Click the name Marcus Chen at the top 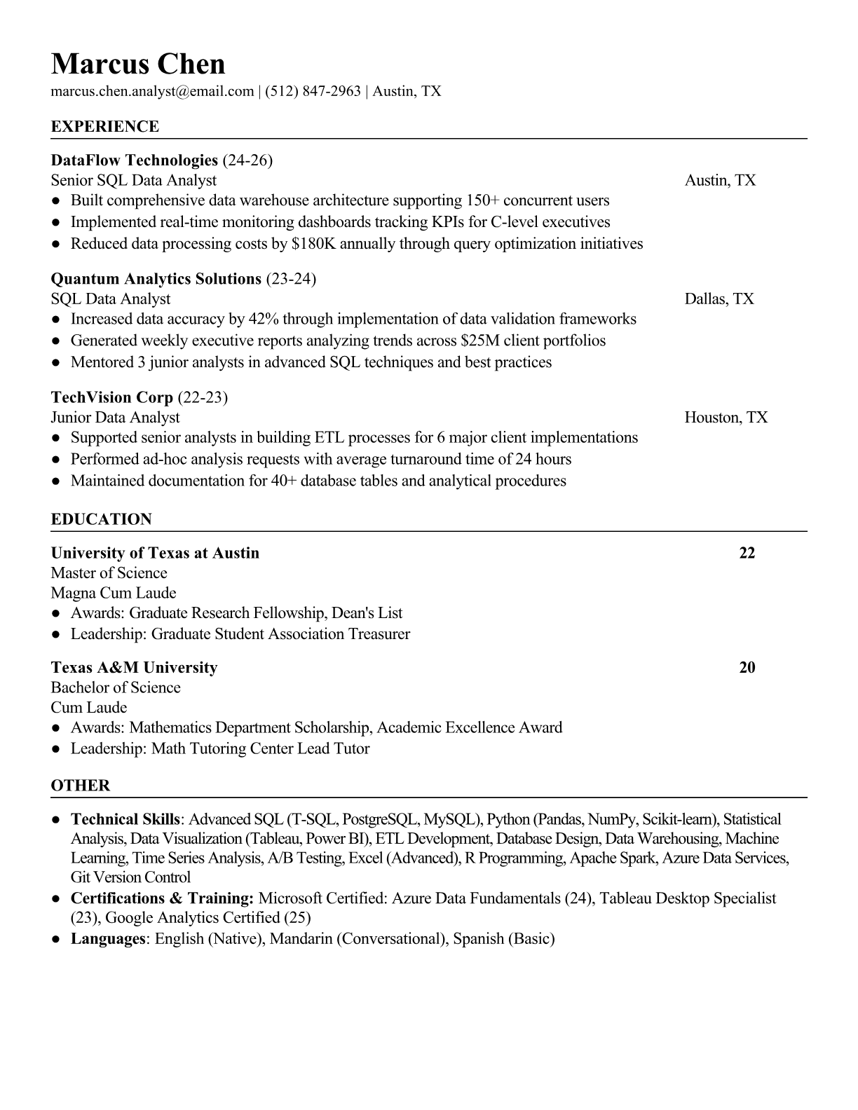(x=138, y=64)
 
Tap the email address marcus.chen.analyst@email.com (x=152, y=91)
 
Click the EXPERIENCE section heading (x=105, y=127)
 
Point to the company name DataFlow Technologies (x=135, y=160)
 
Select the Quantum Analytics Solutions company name (x=156, y=279)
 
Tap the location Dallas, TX (x=719, y=299)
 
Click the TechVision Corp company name (x=112, y=397)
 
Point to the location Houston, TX (x=726, y=418)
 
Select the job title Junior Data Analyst (x=115, y=418)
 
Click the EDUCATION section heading (x=102, y=519)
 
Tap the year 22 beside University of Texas (x=747, y=553)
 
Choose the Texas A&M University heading (x=134, y=667)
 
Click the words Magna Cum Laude (x=114, y=593)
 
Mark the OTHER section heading (x=81, y=786)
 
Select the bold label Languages (x=107, y=938)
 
